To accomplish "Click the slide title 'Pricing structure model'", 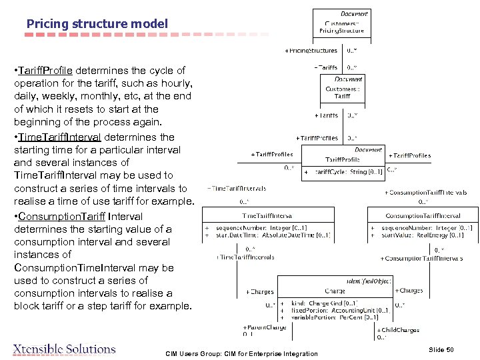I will click(x=97, y=24).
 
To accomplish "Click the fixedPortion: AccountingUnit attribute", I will click(x=340, y=311).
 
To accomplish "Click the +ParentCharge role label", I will click(x=265, y=327).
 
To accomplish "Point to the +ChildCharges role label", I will click(x=399, y=329).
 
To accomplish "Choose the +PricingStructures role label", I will click(x=311, y=51).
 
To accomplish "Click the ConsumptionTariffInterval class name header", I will click(x=423, y=215).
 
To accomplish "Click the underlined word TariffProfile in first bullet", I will click(x=46, y=71).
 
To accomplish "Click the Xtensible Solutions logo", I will click(x=65, y=349).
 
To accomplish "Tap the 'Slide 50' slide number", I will click(x=441, y=349).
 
